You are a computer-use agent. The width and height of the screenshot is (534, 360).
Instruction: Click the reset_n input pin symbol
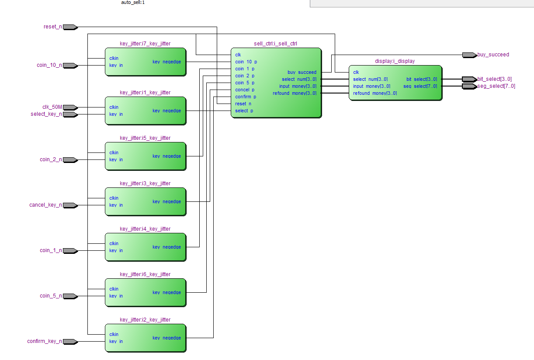pos(70,27)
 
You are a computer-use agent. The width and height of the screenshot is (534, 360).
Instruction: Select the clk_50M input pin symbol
pos(70,107)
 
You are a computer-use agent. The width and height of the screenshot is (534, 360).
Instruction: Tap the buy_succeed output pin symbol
pos(470,55)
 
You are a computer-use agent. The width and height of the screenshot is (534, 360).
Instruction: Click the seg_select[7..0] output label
pos(496,86)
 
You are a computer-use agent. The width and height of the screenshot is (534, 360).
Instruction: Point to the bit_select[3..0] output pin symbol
pos(470,79)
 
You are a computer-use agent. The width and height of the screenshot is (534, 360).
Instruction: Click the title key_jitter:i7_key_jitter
pos(145,44)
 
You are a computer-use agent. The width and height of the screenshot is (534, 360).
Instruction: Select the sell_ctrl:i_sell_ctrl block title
pos(275,44)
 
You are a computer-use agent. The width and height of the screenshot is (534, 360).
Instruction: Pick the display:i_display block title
pos(395,61)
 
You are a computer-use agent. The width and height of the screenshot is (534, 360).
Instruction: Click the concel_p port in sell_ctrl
pos(245,90)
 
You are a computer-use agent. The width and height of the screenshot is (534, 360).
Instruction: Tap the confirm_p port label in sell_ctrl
pos(246,97)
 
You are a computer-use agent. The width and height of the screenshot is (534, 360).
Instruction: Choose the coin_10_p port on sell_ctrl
pos(246,62)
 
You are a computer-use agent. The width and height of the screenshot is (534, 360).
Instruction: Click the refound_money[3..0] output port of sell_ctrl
pos(295,93)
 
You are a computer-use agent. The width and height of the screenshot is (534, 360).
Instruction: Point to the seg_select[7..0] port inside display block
pos(420,87)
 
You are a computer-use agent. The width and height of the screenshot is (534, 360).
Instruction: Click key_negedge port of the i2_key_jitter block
pos(166,338)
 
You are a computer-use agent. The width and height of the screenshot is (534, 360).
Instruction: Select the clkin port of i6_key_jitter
pos(114,289)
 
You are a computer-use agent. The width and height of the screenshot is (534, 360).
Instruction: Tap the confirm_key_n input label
pos(45,341)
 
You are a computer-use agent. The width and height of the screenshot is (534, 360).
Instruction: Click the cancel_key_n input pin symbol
pos(70,205)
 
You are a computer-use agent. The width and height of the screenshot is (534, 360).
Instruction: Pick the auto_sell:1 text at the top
pos(133,2)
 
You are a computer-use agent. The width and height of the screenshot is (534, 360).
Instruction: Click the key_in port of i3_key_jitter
pos(116,205)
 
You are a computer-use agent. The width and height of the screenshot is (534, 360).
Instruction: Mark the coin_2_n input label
pos(51,159)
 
